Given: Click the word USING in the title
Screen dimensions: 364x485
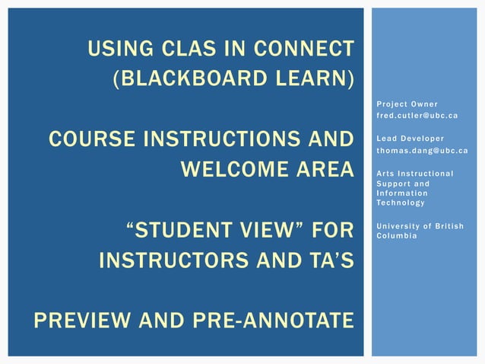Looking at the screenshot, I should coord(116,49).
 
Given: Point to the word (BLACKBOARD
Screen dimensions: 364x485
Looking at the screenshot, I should coord(194,79).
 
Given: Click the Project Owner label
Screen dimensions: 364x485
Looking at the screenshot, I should coord(407,104).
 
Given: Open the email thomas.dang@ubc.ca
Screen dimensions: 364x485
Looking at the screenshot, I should coord(422,150).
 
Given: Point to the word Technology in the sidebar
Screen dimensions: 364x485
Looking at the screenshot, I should coord(401,203).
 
